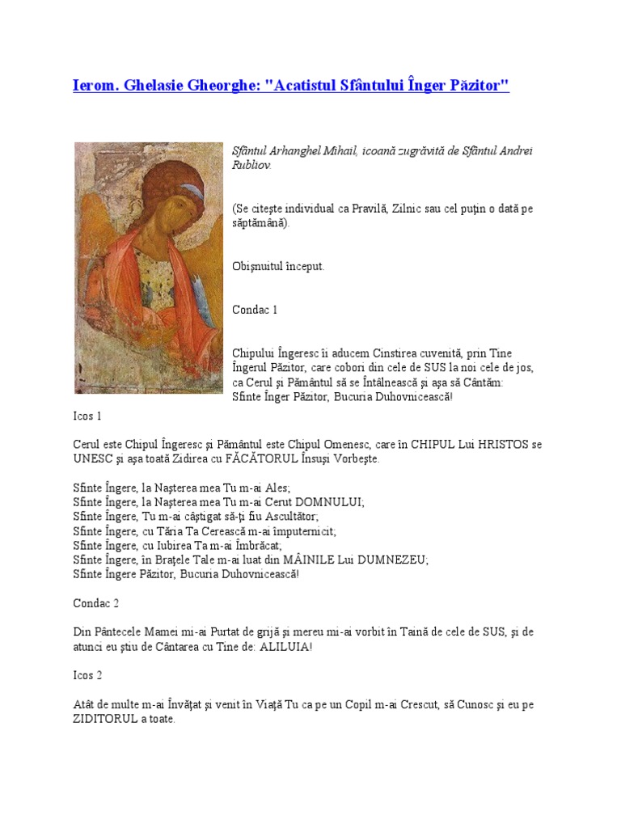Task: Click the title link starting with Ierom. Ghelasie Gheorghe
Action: click(291, 86)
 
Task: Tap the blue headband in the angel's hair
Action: click(192, 192)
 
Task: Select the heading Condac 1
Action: click(255, 310)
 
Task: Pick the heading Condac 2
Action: click(96, 602)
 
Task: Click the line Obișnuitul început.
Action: click(277, 266)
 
